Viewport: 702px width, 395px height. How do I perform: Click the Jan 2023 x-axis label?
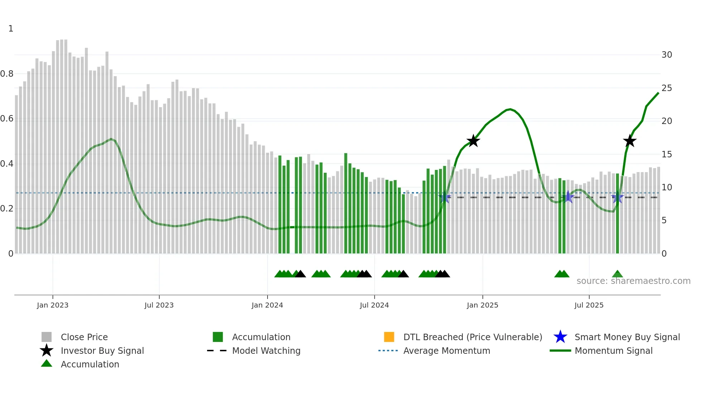(52, 305)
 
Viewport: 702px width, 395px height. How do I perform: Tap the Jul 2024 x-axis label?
(374, 305)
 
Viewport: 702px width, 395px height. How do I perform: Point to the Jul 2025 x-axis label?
(589, 305)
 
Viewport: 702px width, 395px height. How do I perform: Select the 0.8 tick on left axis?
(7, 74)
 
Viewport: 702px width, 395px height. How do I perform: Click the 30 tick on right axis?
(667, 55)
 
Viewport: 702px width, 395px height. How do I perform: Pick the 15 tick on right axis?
(667, 154)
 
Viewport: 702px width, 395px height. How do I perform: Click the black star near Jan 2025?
(473, 141)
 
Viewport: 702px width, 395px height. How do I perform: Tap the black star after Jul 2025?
(629, 141)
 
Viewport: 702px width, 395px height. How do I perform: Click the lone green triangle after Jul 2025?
(617, 274)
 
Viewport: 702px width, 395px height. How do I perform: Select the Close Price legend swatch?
(47, 337)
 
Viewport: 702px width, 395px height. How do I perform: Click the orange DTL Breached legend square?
(389, 337)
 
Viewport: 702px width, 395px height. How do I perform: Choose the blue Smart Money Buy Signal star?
(560, 337)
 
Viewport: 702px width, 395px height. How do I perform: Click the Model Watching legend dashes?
(217, 351)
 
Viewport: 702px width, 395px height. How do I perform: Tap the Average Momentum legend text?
(447, 351)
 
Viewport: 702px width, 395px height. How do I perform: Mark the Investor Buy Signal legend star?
(47, 351)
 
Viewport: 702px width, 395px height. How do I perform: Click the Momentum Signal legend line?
(560, 351)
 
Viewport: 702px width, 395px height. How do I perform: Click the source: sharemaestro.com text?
(633, 281)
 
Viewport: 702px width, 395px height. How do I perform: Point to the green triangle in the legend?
(47, 363)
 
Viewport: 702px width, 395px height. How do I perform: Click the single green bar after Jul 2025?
(617, 214)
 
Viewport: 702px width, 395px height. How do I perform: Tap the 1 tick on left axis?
(11, 29)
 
